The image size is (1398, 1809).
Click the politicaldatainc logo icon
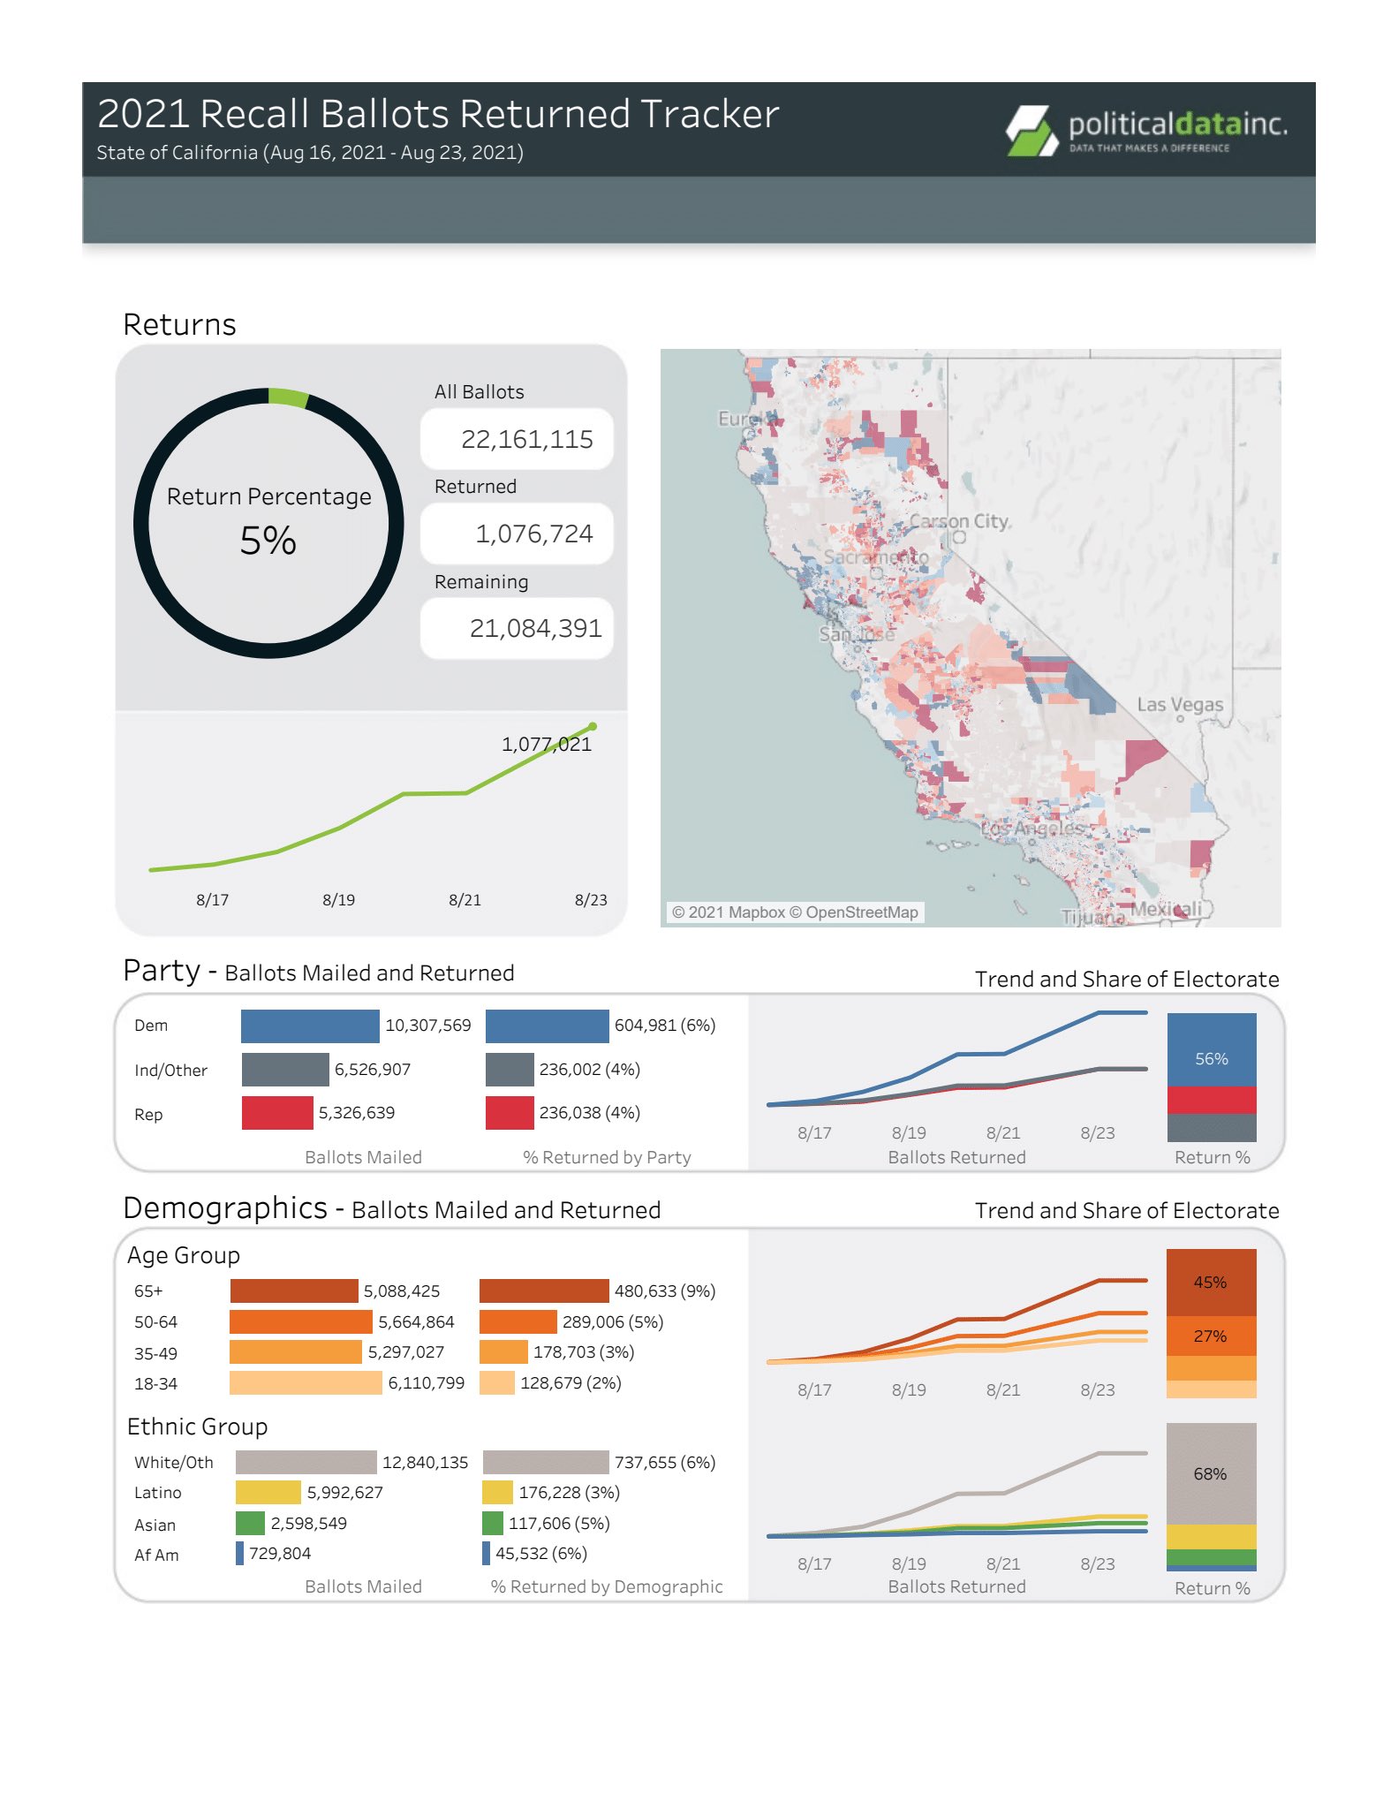click(x=1031, y=131)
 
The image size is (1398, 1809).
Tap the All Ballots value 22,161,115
click(x=526, y=439)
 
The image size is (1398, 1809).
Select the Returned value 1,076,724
click(x=533, y=534)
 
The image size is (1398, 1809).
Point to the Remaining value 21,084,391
click(x=535, y=628)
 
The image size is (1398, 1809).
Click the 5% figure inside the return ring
click(x=268, y=541)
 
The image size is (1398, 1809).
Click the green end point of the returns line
click(x=593, y=726)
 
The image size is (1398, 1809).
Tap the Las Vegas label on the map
click(x=1180, y=705)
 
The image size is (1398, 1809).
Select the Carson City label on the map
click(x=959, y=521)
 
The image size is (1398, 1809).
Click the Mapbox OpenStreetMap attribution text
click(x=795, y=912)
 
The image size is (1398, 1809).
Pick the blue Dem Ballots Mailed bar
click(x=310, y=1026)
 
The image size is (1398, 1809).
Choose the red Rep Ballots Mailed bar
click(x=277, y=1113)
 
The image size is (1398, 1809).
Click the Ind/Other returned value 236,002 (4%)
click(x=589, y=1070)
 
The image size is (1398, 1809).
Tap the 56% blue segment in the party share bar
click(x=1212, y=1051)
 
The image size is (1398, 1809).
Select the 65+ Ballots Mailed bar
click(x=294, y=1291)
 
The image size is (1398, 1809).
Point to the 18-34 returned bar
click(x=497, y=1382)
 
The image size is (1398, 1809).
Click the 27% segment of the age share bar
click(x=1211, y=1336)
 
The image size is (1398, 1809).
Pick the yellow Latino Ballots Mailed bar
click(x=268, y=1492)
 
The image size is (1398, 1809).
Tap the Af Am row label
click(x=156, y=1555)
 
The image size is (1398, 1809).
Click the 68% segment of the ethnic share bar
click(x=1211, y=1473)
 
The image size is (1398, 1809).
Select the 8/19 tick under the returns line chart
click(x=338, y=900)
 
